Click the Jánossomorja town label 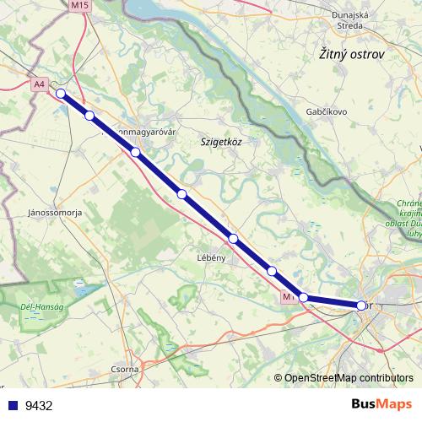coord(55,214)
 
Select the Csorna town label coord(125,370)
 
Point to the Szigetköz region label coord(221,143)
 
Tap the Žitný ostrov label coord(352,54)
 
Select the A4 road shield coord(41,84)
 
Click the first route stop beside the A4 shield coord(61,94)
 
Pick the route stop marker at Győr coord(362,306)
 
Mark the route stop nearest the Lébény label coord(234,239)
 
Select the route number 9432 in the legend coord(39,405)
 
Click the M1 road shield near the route coord(289,297)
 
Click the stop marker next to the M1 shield coord(304,297)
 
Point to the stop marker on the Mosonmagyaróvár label coord(135,152)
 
